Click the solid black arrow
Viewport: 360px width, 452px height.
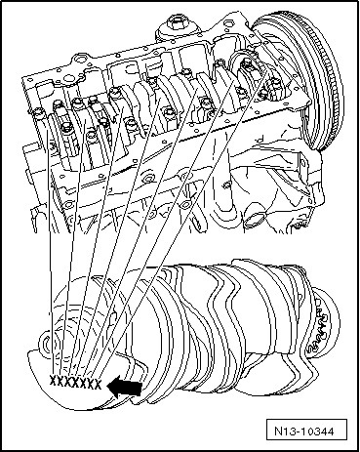coord(124,388)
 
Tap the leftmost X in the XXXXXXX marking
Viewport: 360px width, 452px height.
coord(53,380)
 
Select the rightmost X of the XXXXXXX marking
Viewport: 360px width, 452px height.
coord(98,384)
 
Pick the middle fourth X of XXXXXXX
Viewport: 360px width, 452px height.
coord(75,382)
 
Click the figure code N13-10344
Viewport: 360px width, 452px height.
coord(304,431)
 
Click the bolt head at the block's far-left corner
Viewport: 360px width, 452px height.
coord(37,112)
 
